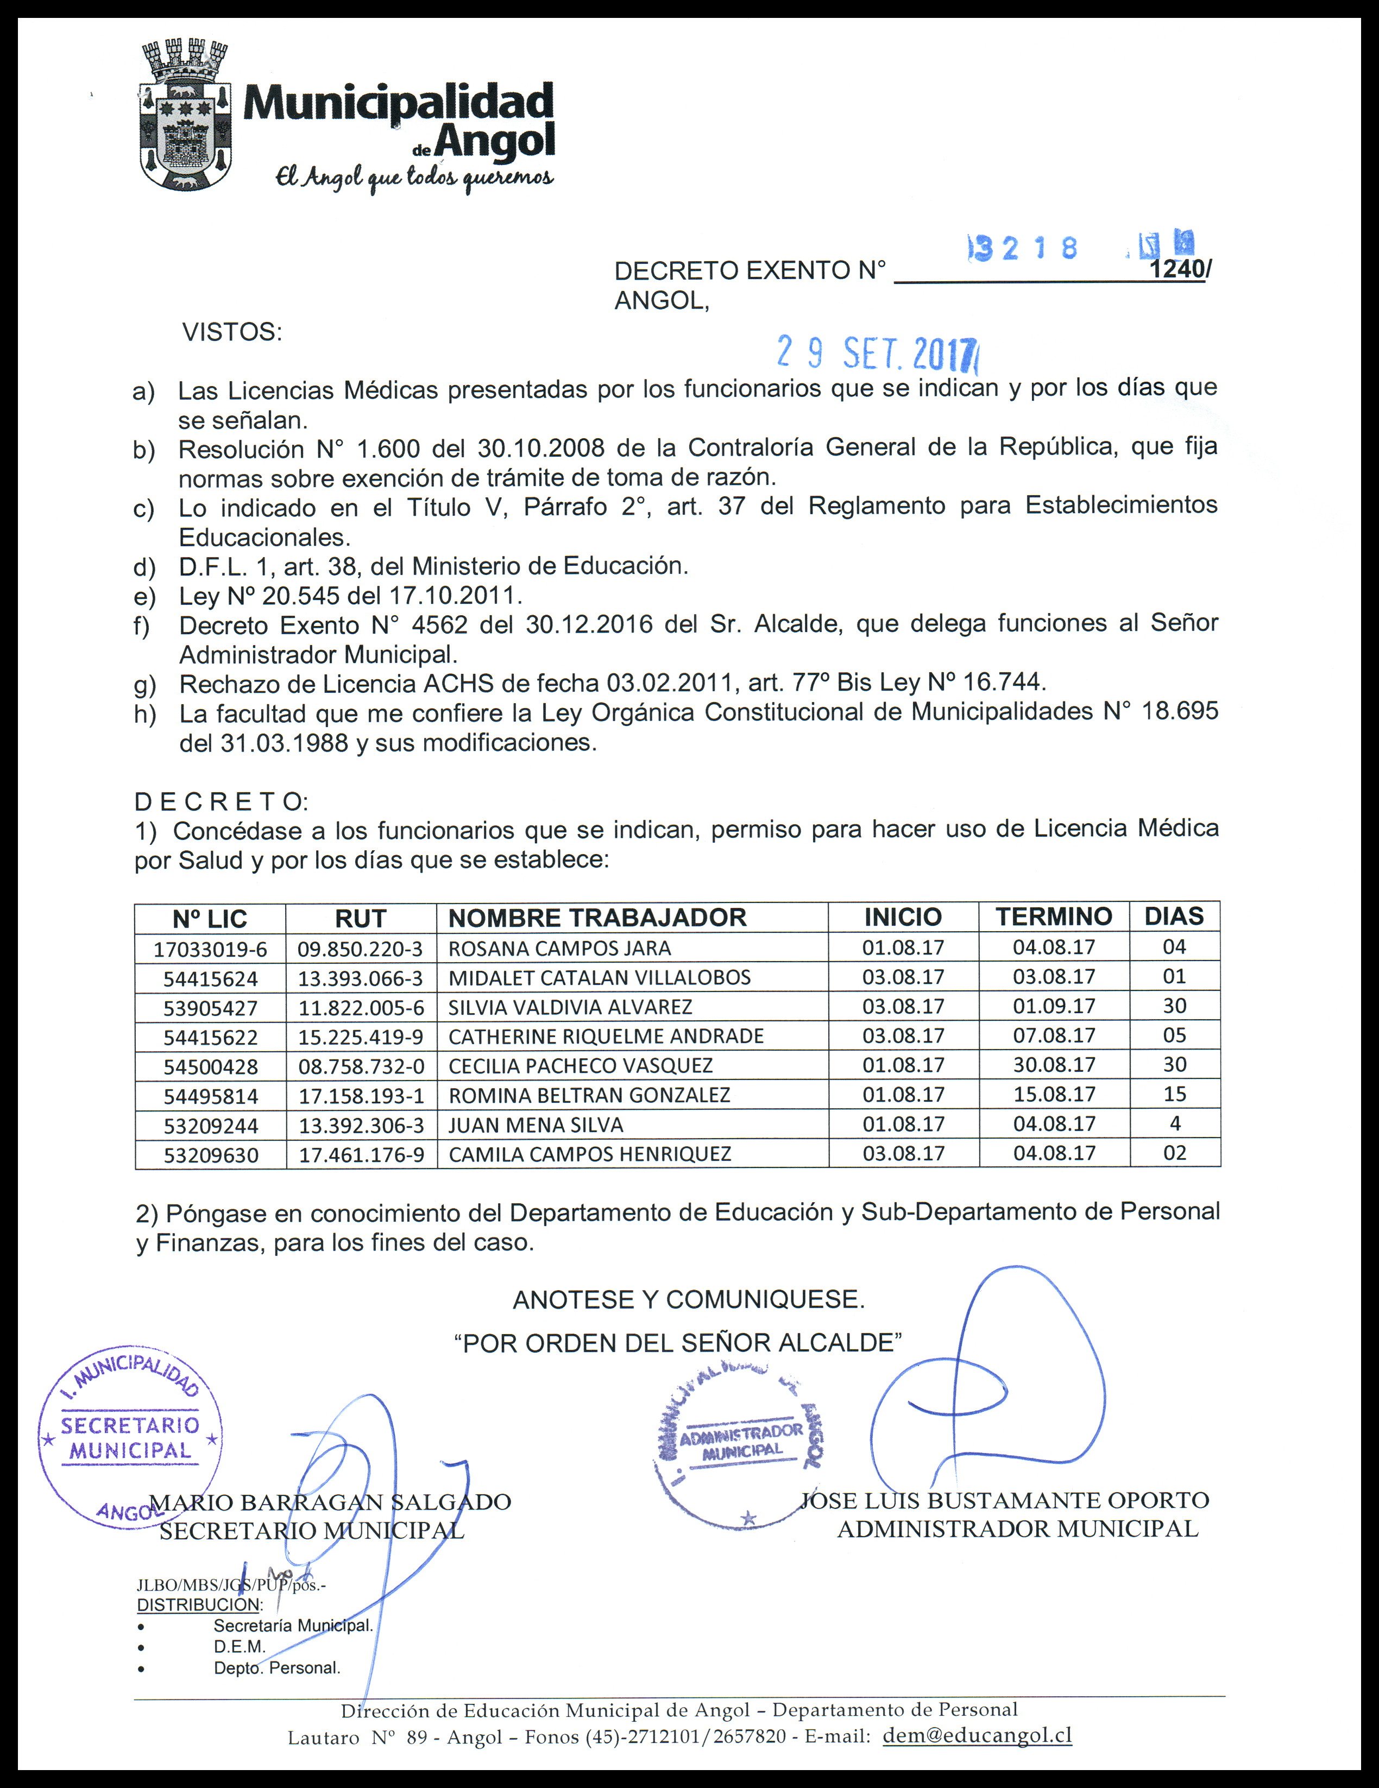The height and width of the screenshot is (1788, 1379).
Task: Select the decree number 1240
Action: pos(1177,270)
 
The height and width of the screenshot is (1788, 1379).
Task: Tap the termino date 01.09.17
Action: pos(1054,1006)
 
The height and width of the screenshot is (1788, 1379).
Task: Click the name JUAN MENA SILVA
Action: pos(536,1125)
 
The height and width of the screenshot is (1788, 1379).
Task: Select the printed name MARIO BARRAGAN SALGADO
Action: pos(331,1502)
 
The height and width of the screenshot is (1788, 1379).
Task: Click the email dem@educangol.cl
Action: pos(977,1736)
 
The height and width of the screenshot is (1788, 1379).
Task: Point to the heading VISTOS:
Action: pos(232,332)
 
